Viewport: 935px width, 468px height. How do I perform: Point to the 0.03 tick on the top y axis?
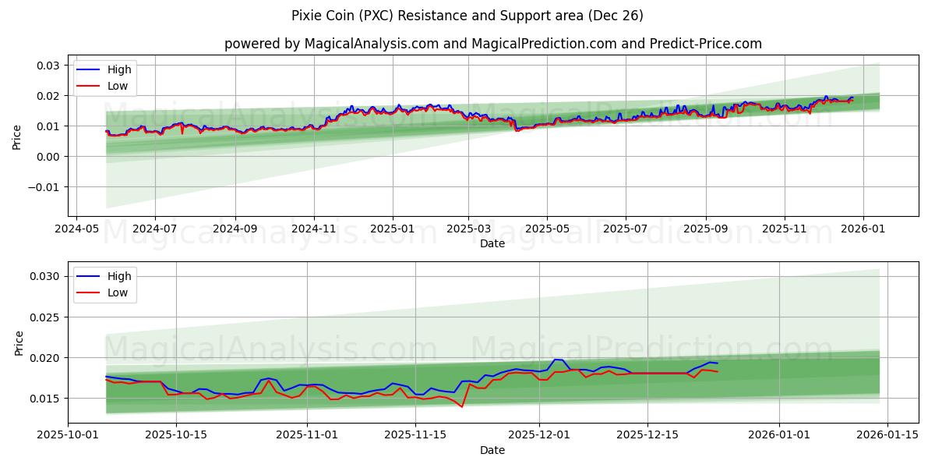49,66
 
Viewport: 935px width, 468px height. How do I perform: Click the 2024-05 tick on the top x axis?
76,229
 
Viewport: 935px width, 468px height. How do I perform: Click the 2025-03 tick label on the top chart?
468,229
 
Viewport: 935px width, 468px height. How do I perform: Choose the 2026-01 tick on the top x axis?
863,229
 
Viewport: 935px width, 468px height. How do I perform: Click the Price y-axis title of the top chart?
17,137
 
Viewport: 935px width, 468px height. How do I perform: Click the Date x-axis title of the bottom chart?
492,450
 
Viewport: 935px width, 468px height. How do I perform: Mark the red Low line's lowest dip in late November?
462,406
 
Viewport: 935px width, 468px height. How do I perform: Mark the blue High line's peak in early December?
556,360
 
